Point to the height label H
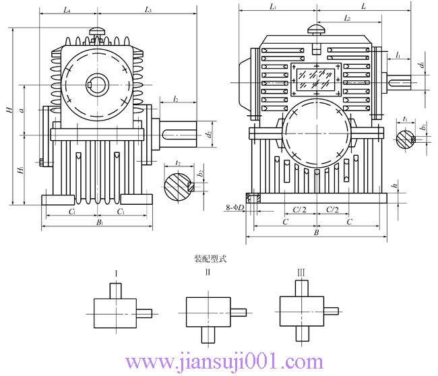[x=8, y=110]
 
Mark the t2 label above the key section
[x=177, y=163]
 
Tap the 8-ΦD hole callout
[x=234, y=208]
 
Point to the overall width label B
[x=316, y=232]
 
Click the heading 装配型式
[x=208, y=258]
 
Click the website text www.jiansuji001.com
[x=218, y=361]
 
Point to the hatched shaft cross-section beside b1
[x=406, y=139]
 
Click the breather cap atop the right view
[x=316, y=29]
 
